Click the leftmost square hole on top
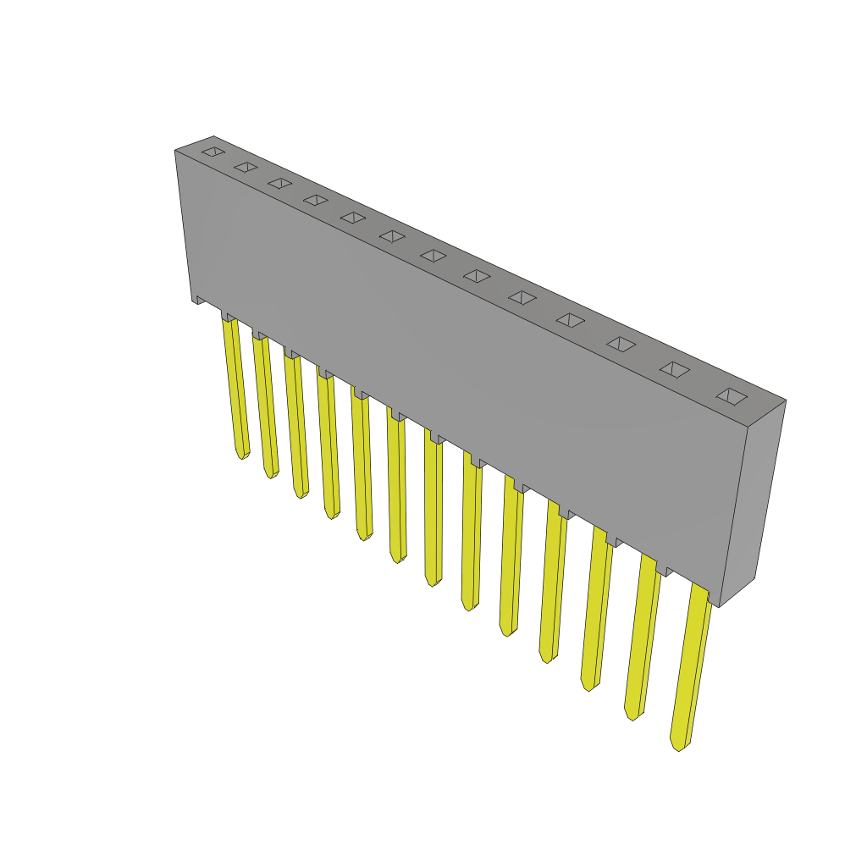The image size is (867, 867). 213,152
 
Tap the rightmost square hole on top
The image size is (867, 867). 732,396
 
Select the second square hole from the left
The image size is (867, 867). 246,167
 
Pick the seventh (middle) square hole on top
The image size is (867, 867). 433,255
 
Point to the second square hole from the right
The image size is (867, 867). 675,369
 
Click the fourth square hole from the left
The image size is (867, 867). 316,200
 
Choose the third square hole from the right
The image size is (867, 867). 621,344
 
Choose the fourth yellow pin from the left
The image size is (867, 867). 328,445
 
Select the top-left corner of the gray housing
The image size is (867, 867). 177,152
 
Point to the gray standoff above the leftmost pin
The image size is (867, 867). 228,317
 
